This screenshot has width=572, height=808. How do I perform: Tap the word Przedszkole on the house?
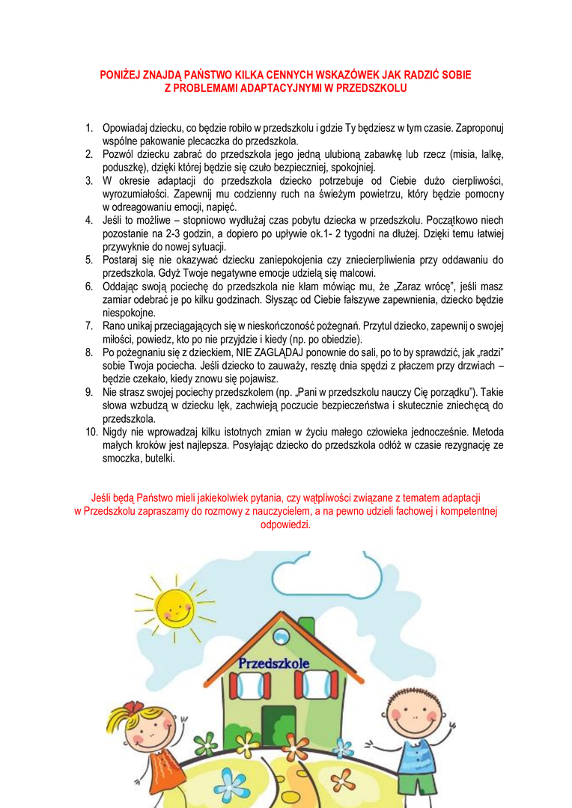[274, 663]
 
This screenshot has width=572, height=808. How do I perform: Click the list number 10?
[91, 432]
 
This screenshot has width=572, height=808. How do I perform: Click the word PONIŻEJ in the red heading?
[122, 75]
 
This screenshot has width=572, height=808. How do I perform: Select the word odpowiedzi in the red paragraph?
[285, 524]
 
